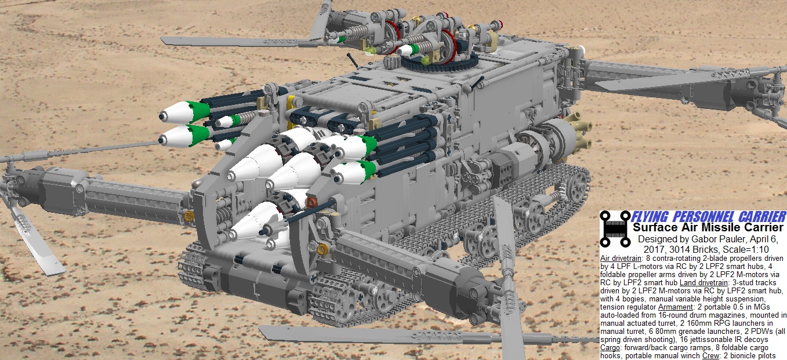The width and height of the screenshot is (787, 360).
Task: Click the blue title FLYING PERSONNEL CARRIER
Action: click(x=708, y=216)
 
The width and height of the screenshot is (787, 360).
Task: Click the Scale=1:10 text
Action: click(x=746, y=249)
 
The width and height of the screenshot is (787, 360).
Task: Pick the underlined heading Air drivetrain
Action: click(x=621, y=259)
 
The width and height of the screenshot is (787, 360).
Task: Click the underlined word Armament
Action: click(x=676, y=307)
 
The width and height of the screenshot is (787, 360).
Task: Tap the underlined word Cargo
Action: click(x=610, y=348)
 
